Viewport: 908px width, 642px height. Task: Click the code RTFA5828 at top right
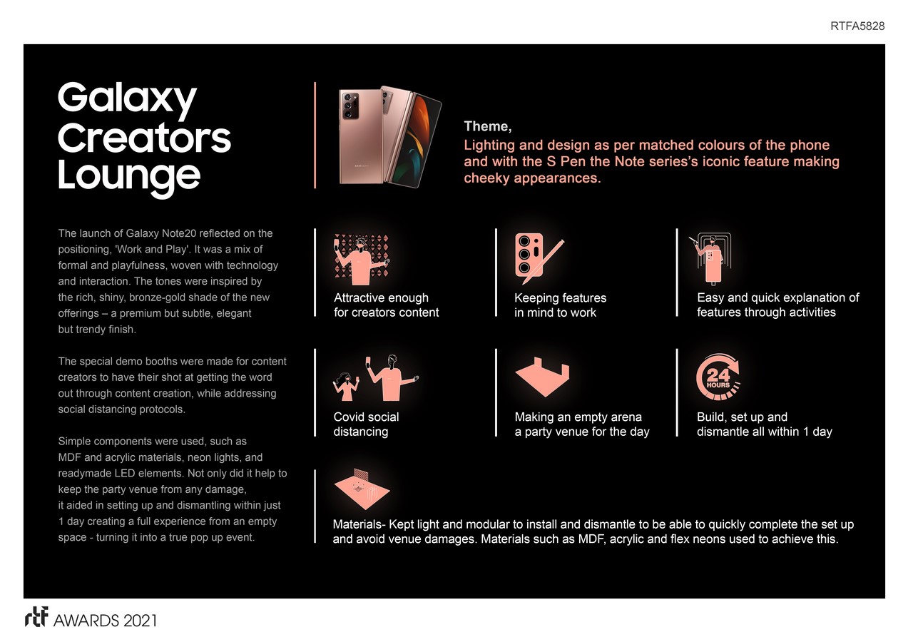[857, 26]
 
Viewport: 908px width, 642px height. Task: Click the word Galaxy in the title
[127, 98]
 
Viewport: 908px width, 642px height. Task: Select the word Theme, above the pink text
[488, 126]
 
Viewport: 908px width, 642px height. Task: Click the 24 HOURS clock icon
[718, 377]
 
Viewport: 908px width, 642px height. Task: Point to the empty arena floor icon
[542, 377]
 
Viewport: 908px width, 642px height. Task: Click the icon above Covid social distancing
[375, 378]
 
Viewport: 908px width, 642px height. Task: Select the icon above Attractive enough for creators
[362, 260]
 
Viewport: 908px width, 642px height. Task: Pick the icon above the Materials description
[362, 489]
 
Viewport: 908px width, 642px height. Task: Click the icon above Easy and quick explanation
[710, 258]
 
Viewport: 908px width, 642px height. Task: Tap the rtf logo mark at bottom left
[36, 617]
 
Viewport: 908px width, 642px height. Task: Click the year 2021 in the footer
[140, 621]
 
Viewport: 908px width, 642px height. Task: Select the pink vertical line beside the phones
[315, 135]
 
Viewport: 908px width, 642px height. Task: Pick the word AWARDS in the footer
[86, 621]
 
